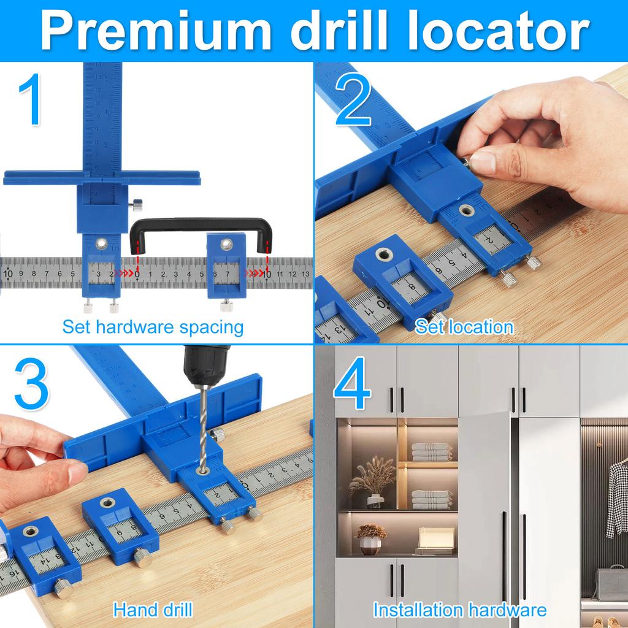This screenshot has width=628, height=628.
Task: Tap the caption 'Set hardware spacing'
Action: click(153, 327)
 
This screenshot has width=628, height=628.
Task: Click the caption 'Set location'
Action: click(464, 327)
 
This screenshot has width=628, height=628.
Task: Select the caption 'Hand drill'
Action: click(153, 610)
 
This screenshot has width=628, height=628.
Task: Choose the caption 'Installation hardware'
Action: click(459, 610)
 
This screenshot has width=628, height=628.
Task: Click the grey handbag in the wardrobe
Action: click(610, 582)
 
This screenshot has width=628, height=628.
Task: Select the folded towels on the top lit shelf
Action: click(431, 451)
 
